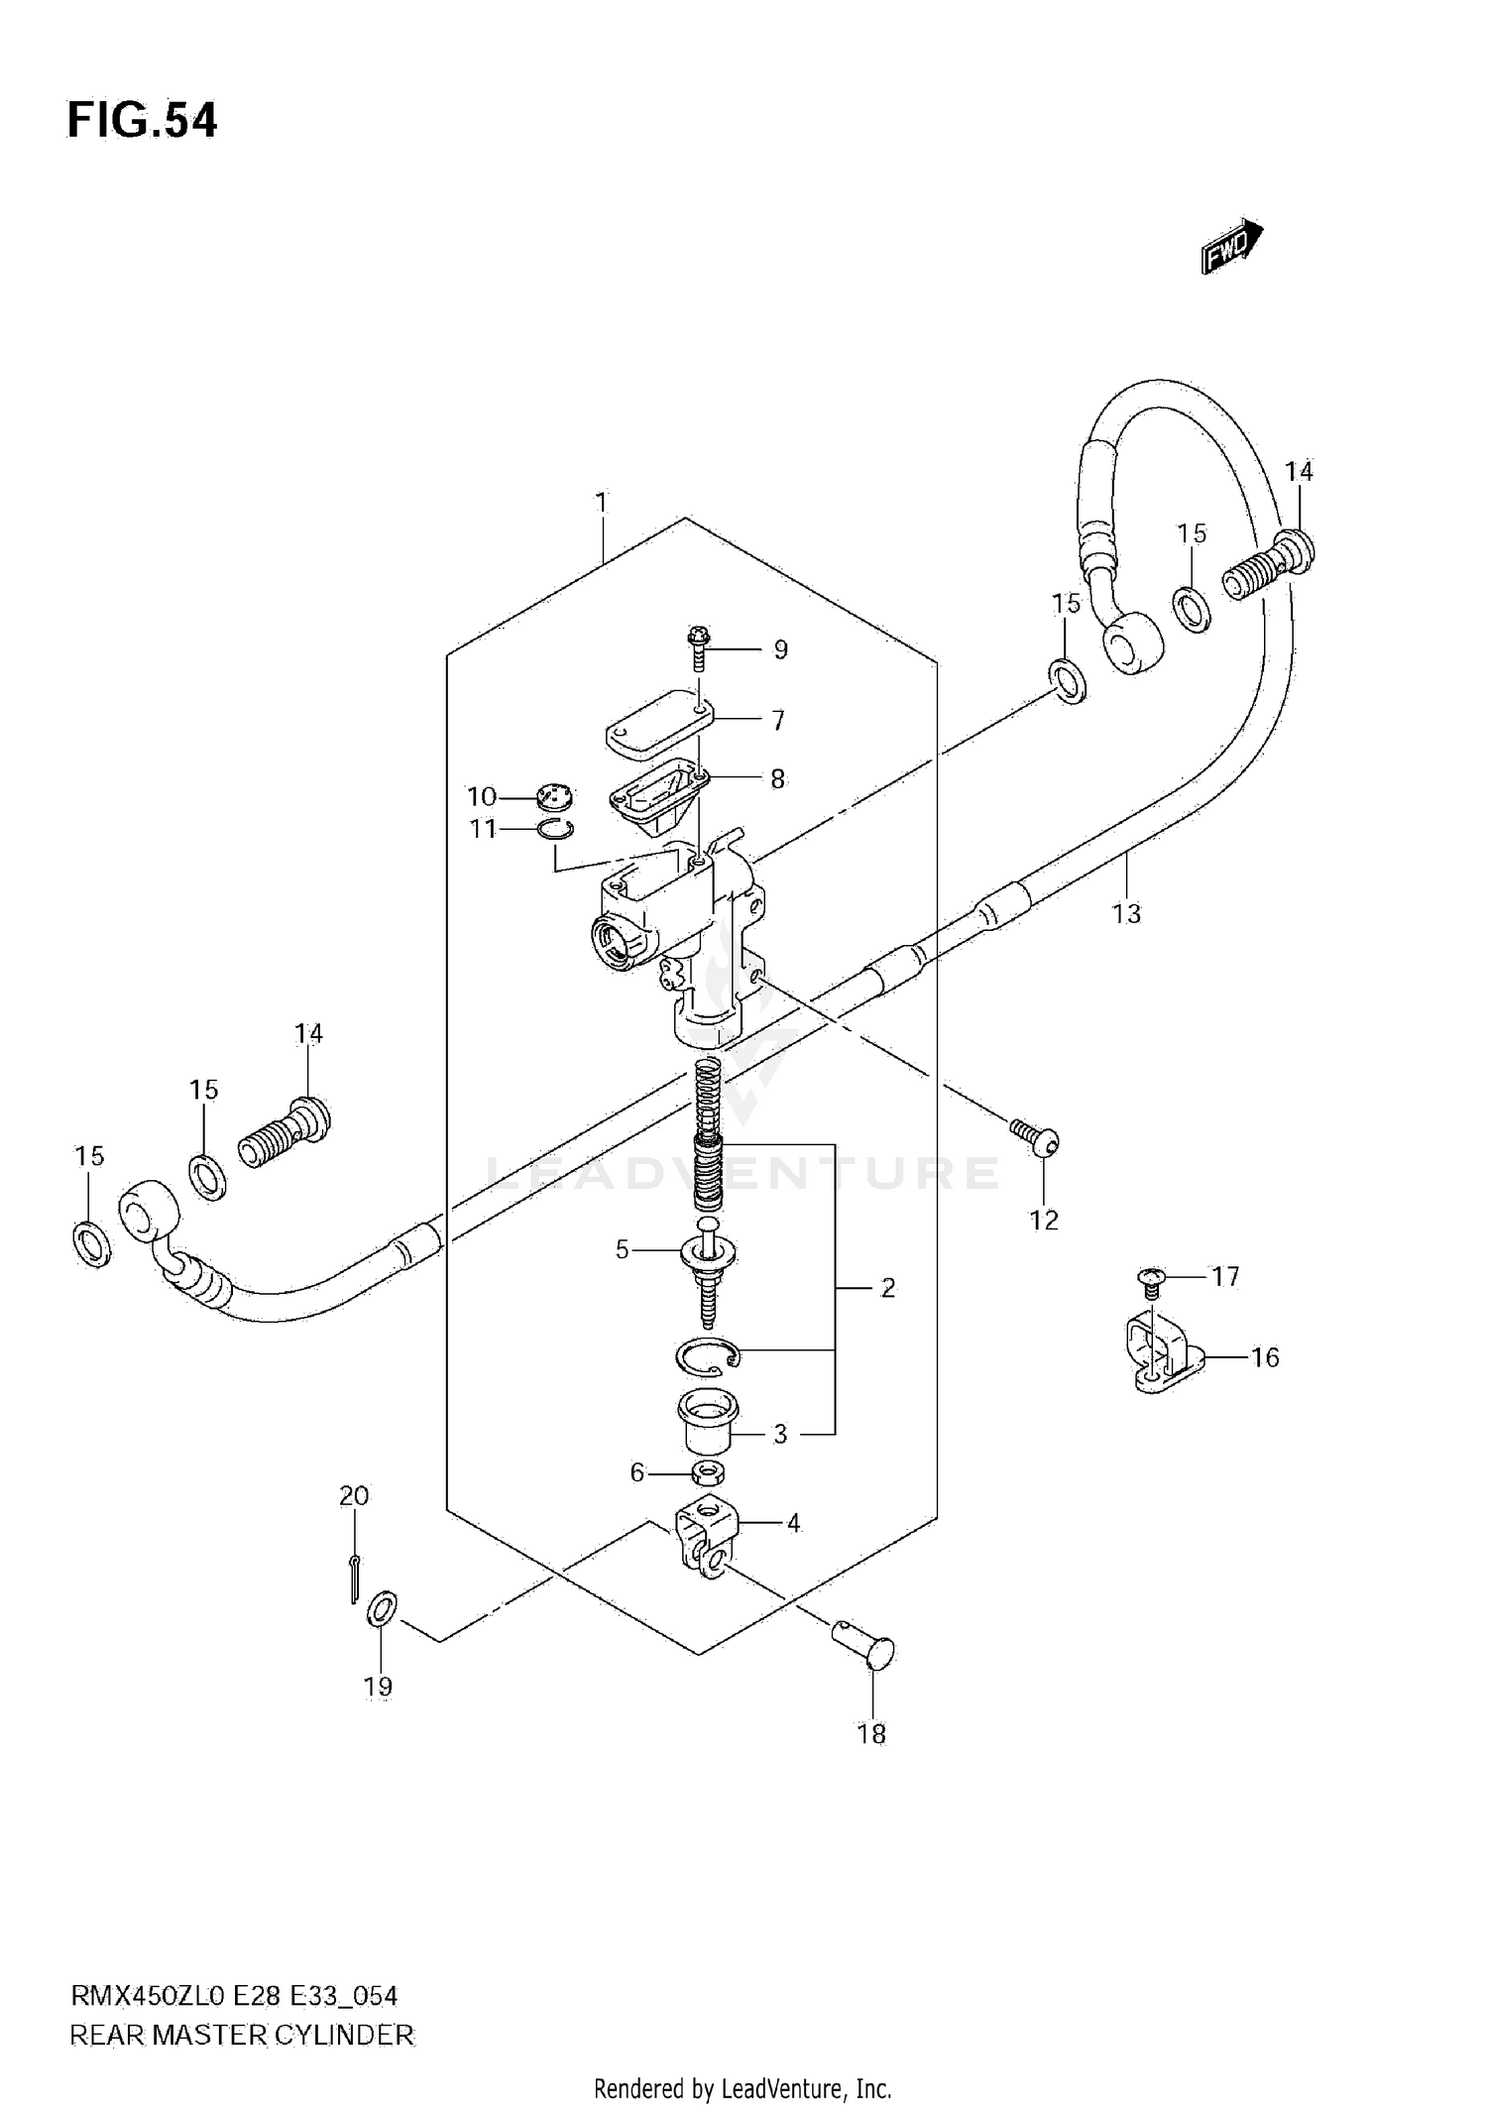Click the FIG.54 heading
tap(142, 121)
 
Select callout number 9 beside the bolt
tap(781, 649)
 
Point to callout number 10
tap(482, 797)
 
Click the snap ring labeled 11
tap(557, 830)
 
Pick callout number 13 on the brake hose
tap(1126, 913)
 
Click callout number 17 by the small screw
tap(1225, 1276)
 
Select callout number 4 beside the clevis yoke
tap(793, 1523)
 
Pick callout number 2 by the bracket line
tap(887, 1287)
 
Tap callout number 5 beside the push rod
tap(622, 1250)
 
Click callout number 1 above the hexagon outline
tap(601, 503)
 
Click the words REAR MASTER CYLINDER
tap(242, 2036)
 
